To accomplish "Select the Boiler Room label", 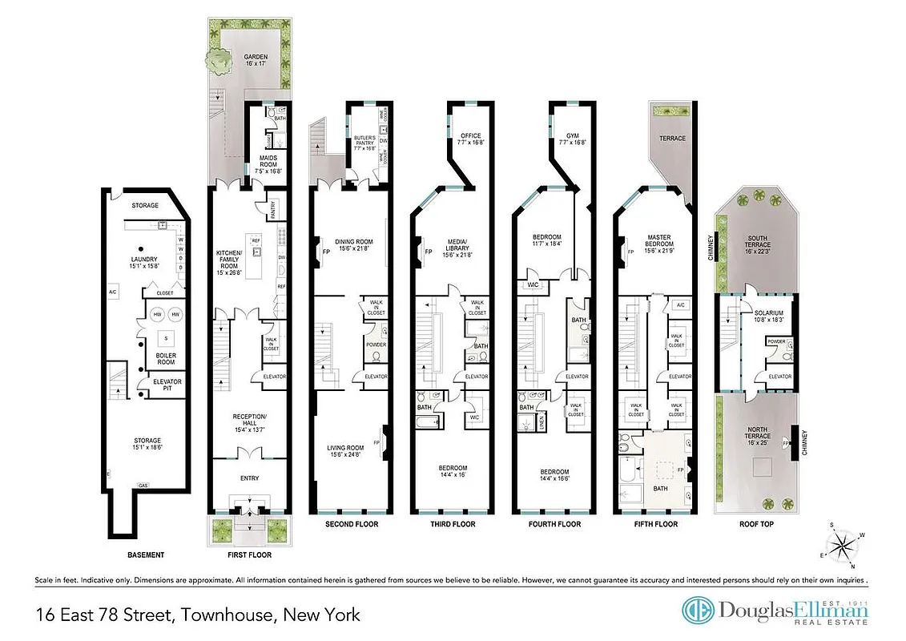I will pos(166,357).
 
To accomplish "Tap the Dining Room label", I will pos(354,245).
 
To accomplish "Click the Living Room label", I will pos(349,451).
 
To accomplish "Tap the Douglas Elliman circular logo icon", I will pos(696,611).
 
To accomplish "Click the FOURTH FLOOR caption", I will pos(554,524).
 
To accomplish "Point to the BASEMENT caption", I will pos(146,554).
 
